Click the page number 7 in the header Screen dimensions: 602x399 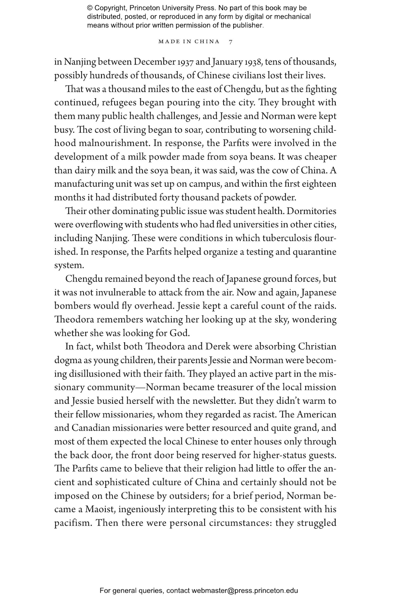pyautogui.click(x=231, y=42)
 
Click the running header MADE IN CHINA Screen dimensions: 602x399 pyautogui.click(x=189, y=42)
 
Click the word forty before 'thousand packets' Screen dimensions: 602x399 pyautogui.click(x=169, y=197)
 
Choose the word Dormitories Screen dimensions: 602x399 pyautogui.click(x=312, y=211)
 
